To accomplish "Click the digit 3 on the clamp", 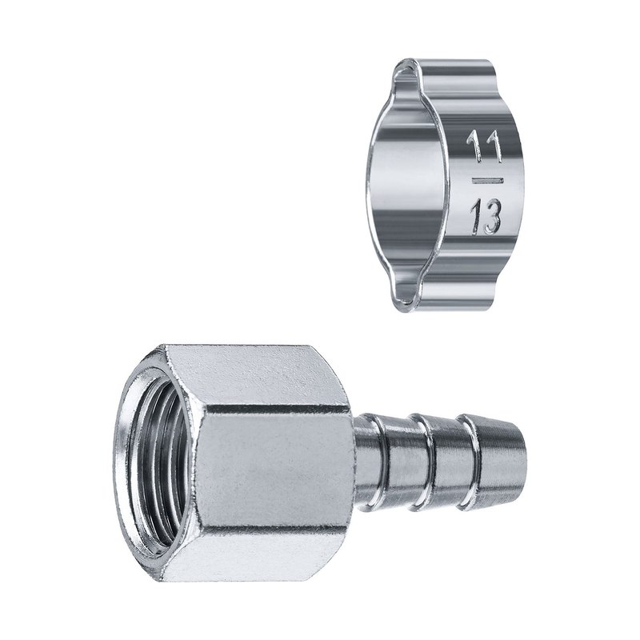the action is pyautogui.click(x=492, y=218).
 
